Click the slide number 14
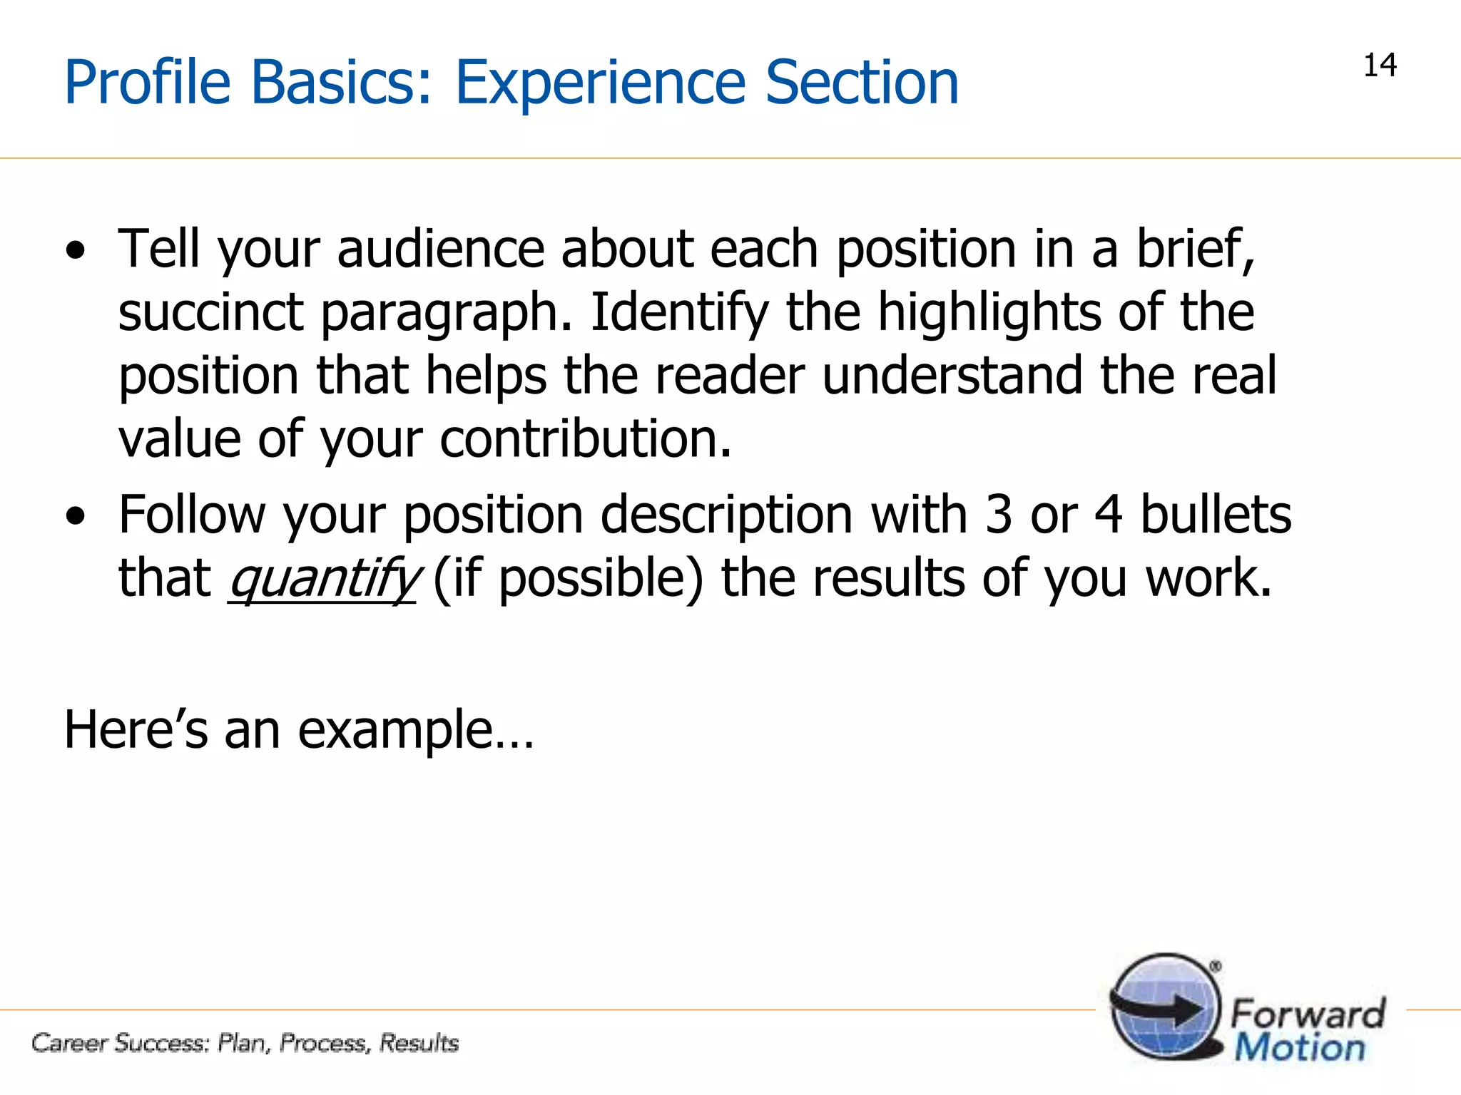1380,66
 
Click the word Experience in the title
600,83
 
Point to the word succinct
211,312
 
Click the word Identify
679,314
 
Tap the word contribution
585,438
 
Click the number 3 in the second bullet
998,515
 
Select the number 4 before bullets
1108,515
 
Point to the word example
395,731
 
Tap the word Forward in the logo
1308,1013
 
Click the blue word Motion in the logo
1300,1048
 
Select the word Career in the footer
70,1043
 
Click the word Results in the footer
419,1043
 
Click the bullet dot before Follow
75,515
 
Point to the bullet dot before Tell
75,250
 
